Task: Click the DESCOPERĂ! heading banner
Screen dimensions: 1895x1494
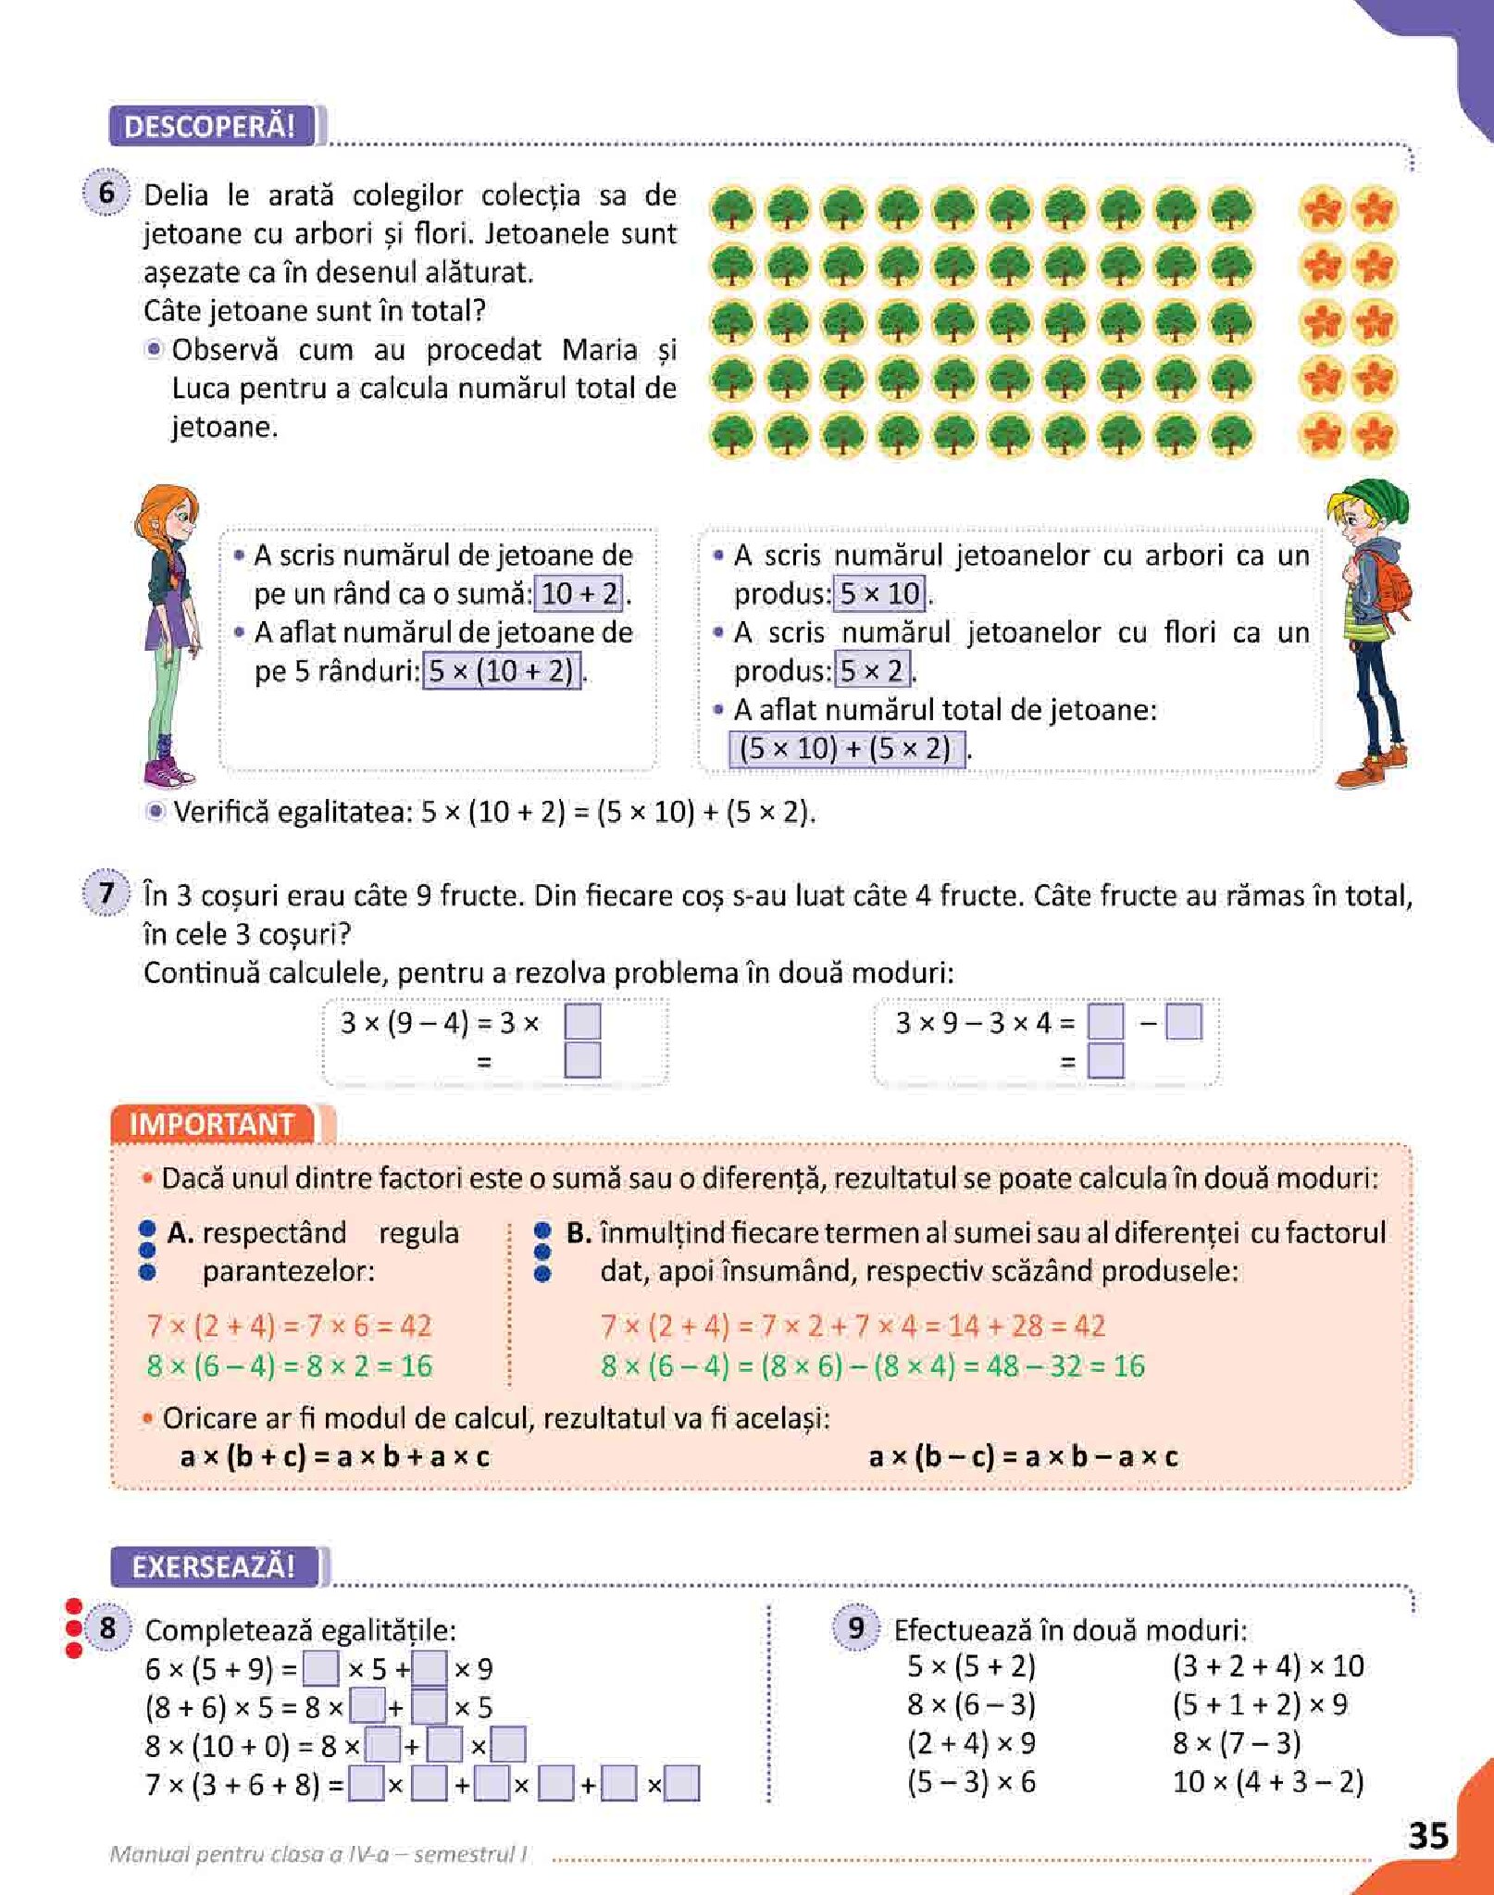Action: click(x=210, y=127)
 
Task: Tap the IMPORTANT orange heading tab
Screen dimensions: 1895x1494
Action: click(x=212, y=1124)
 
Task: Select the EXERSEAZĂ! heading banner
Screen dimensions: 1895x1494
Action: click(x=214, y=1566)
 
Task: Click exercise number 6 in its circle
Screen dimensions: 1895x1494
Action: click(x=107, y=193)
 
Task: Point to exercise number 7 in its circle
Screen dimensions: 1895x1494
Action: click(x=107, y=893)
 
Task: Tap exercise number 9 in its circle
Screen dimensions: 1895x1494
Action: click(x=856, y=1627)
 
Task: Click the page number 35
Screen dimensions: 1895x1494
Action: click(x=1427, y=1835)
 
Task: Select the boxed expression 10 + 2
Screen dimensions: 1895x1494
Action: click(x=579, y=593)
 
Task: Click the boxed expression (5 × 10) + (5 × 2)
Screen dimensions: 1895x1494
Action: click(x=846, y=748)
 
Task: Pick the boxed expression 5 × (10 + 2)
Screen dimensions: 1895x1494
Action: click(x=502, y=670)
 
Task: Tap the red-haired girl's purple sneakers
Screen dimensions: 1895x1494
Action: click(x=167, y=770)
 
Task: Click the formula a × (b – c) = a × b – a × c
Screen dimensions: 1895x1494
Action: click(x=1023, y=1457)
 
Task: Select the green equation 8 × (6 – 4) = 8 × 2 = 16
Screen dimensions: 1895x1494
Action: click(x=289, y=1365)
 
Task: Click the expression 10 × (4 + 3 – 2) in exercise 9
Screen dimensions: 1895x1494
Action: click(x=1267, y=1781)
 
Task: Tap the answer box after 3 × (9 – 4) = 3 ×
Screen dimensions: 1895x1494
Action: click(x=582, y=1022)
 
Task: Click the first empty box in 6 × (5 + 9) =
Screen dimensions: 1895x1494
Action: click(x=320, y=1668)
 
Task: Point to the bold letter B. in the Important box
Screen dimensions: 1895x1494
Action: click(x=579, y=1233)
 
